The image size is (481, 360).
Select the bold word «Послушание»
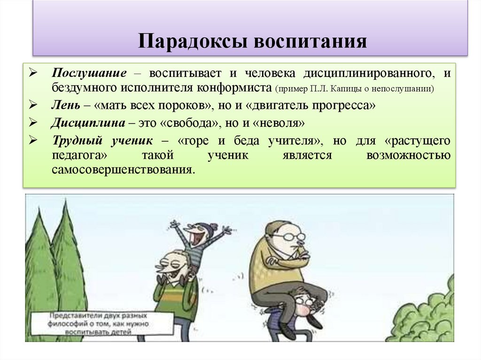coord(89,74)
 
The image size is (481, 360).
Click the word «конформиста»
coord(234,87)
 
